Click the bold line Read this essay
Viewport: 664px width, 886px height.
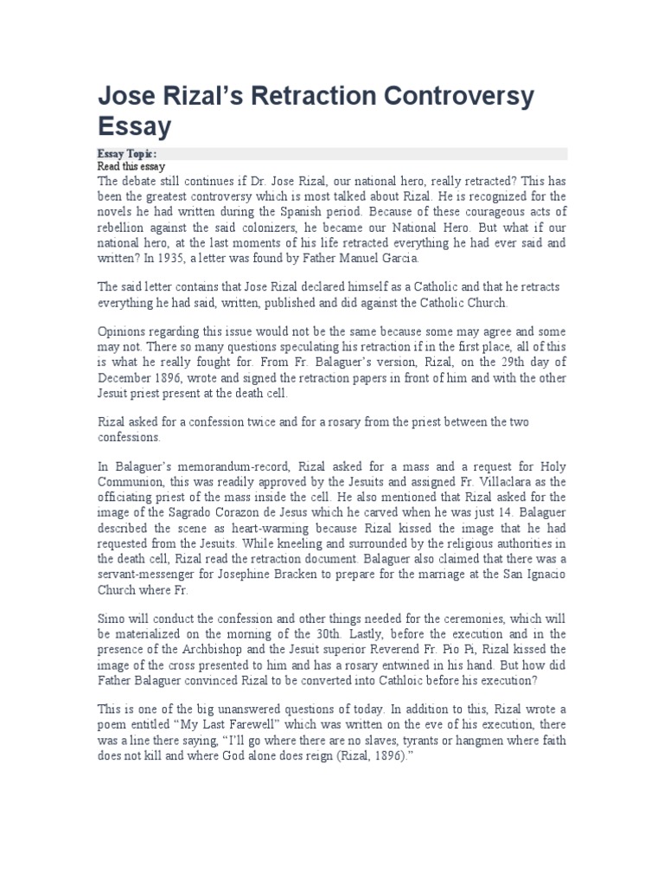tap(131, 166)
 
